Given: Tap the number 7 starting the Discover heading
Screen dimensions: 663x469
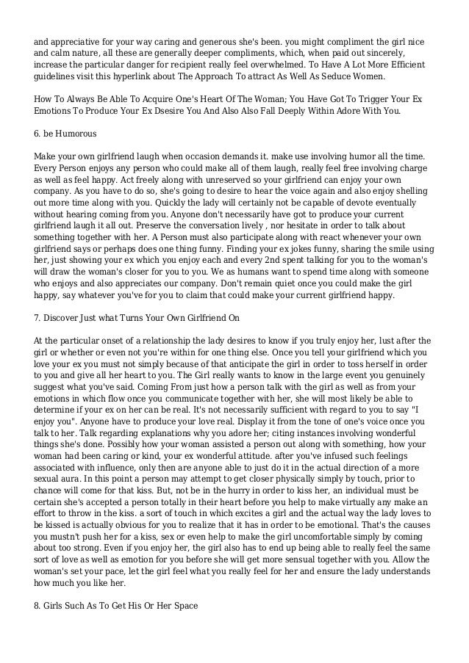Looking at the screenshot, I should pyautogui.click(x=37, y=318).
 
